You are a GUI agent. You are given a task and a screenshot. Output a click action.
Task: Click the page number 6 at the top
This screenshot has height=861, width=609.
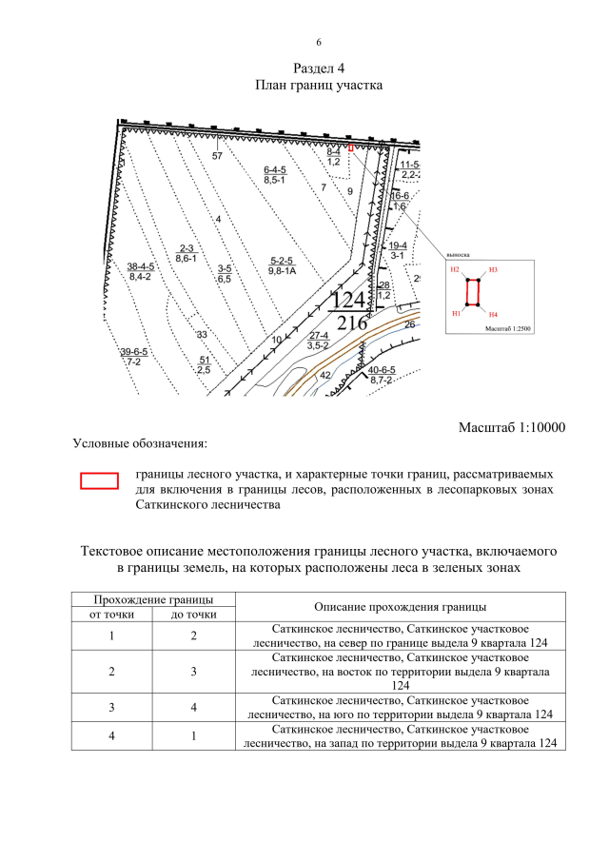click(x=319, y=43)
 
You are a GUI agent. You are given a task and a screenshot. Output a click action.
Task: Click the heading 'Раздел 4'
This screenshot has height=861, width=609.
click(x=319, y=68)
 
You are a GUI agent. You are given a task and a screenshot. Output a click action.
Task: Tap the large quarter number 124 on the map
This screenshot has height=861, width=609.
click(x=347, y=300)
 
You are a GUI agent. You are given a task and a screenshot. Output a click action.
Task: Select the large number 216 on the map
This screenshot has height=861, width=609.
click(x=351, y=323)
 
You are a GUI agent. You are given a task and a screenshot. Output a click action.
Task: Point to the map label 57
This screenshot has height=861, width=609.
click(x=217, y=156)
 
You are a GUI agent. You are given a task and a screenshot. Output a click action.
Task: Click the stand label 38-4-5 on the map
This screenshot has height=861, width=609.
click(x=141, y=266)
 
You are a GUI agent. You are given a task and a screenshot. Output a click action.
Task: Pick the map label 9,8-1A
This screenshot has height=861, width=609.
click(x=283, y=271)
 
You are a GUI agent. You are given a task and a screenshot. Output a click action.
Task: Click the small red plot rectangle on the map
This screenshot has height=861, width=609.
click(x=351, y=148)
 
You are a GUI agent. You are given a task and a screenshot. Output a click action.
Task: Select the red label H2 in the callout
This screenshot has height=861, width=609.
click(x=456, y=270)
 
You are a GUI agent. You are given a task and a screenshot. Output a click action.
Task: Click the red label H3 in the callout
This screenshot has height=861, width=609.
click(x=493, y=270)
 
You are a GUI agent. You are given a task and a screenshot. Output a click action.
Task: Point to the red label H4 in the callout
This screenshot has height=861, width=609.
click(x=493, y=313)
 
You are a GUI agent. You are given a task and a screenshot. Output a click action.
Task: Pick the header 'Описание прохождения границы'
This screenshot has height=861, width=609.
click(x=400, y=607)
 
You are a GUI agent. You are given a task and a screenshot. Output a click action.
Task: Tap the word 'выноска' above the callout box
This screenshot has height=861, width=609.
click(x=458, y=254)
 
